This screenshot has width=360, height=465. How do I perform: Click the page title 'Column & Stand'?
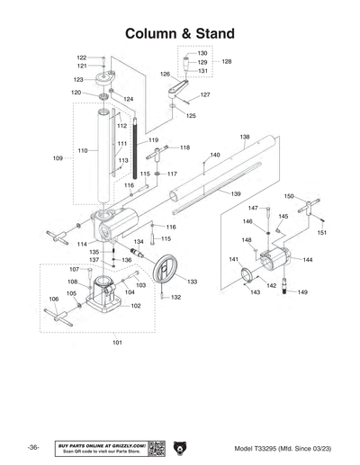click(180, 33)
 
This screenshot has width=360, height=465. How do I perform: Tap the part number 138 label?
click(245, 137)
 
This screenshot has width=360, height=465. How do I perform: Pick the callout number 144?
click(308, 260)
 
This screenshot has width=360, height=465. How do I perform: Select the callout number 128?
click(227, 62)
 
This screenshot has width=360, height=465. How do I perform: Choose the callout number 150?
click(289, 196)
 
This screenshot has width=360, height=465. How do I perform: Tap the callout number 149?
click(302, 292)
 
